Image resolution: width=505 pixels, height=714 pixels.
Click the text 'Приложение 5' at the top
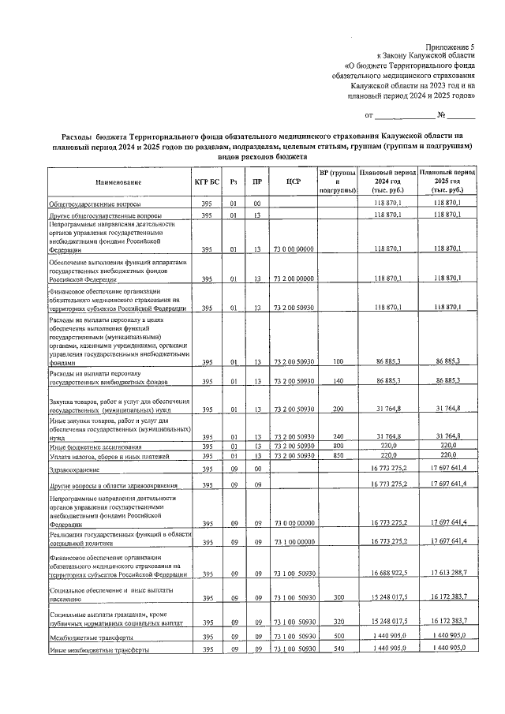click(x=451, y=48)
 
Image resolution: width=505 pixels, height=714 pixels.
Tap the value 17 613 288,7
click(x=448, y=574)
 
